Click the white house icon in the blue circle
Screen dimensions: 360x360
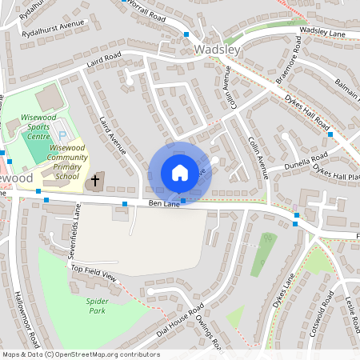180,173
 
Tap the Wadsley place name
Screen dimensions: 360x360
217,50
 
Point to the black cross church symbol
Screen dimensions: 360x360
95,181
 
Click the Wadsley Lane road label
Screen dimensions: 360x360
321,31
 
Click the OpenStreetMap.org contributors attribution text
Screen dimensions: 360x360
105,354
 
